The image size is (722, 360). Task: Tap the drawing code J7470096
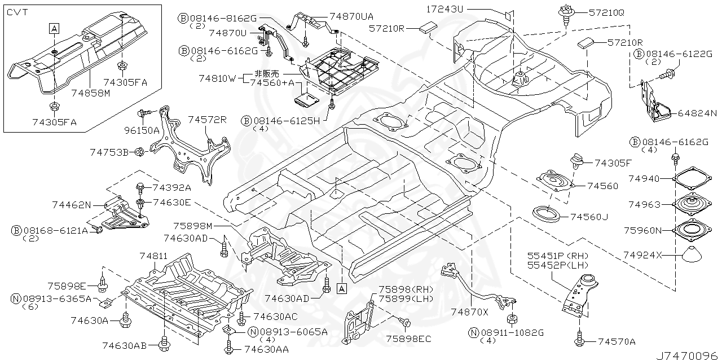[x=686, y=355]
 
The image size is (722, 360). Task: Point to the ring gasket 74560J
[x=547, y=214]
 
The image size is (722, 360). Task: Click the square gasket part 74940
[x=692, y=179]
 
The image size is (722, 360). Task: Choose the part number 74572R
[x=207, y=120]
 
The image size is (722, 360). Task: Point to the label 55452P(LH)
[x=558, y=265]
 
